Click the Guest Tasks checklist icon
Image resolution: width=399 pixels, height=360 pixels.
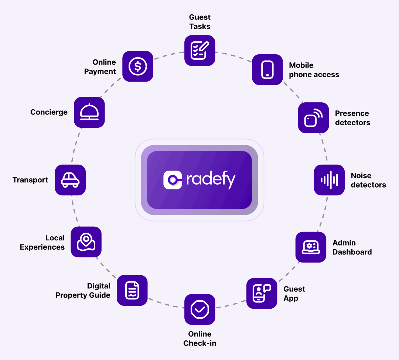point(199,51)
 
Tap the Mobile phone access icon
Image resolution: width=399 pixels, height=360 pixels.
point(267,69)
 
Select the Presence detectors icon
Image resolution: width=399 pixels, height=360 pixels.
point(313,117)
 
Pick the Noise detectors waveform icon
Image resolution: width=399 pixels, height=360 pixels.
point(329,180)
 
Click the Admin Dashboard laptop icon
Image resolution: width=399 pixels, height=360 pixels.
point(311,247)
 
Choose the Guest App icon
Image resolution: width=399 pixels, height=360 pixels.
point(262,293)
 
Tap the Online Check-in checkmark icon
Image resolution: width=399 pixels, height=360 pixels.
point(199,309)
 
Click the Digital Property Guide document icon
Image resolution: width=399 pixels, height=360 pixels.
point(132,290)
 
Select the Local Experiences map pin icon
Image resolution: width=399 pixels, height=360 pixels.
point(86,242)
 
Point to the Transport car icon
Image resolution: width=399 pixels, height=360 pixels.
point(70,180)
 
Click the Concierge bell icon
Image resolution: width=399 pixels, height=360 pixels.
point(89,112)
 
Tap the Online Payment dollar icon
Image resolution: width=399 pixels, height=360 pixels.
point(138,66)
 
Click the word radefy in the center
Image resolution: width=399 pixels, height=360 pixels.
point(211,180)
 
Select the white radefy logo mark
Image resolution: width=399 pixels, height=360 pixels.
point(173,180)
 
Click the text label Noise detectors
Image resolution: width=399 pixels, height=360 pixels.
point(368,180)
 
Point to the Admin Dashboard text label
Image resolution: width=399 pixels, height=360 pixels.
point(352,247)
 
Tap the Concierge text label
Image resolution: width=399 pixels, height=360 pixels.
point(49,112)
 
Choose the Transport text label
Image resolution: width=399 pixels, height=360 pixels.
point(30,180)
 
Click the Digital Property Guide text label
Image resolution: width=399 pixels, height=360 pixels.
point(83,291)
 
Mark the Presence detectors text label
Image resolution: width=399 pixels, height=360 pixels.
point(352,118)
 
